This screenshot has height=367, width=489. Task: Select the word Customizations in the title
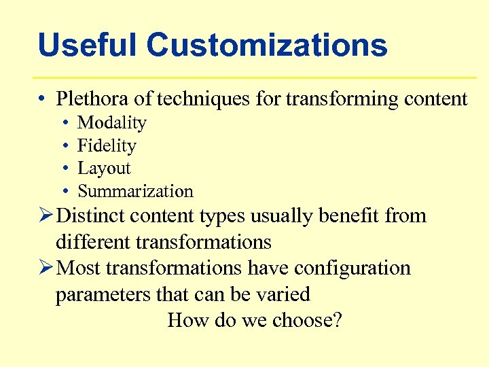tap(267, 46)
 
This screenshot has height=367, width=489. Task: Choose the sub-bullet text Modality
tap(112, 123)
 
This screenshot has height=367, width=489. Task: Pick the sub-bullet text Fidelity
tap(107, 145)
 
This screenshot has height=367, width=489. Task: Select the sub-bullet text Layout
tap(104, 169)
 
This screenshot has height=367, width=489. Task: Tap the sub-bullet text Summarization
tap(135, 192)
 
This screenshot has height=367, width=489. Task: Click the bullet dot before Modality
tap(63, 123)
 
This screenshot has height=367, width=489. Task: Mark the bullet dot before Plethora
tap(42, 99)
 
